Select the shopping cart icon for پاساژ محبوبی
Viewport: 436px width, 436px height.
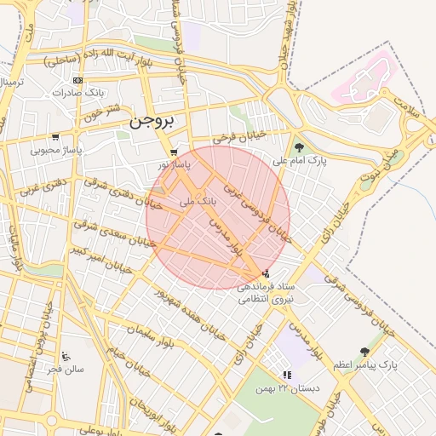click(55, 136)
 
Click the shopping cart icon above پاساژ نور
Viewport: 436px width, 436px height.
click(174, 152)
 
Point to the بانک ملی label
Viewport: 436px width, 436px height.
click(199, 202)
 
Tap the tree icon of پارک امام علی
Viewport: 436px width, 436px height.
click(297, 147)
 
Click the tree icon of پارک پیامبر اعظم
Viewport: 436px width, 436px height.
click(365, 351)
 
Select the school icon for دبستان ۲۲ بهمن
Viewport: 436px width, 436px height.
click(287, 375)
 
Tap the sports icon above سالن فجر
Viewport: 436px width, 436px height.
click(66, 356)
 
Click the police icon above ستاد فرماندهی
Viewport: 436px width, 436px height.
click(267, 274)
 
